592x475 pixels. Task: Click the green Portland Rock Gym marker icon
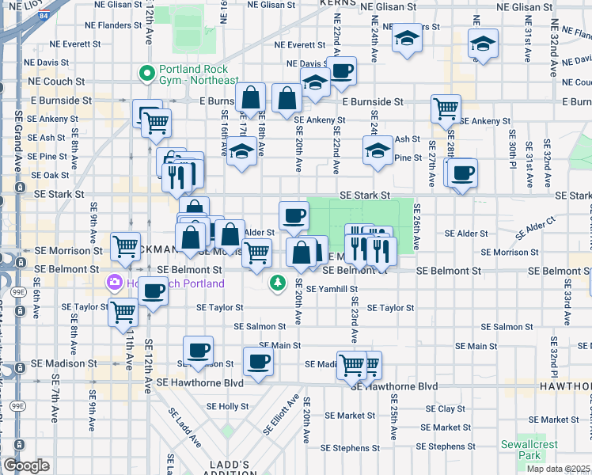coord(146,74)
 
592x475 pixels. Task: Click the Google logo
coord(26,465)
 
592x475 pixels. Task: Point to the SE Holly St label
coord(228,405)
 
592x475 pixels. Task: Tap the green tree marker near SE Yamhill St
coord(277,282)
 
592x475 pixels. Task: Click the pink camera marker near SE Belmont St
coord(116,283)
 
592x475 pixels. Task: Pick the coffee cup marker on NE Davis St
coord(342,70)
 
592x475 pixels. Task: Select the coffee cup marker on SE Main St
coord(257,361)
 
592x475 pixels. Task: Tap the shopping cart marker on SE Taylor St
coord(123,312)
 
